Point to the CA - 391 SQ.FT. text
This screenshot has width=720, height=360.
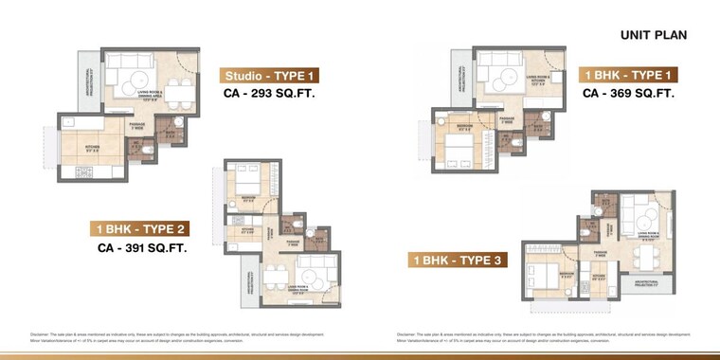click(x=142, y=249)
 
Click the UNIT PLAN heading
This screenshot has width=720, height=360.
click(x=654, y=35)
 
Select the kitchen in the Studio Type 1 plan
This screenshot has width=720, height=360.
click(x=90, y=148)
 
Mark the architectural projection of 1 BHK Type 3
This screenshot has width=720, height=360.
click(x=647, y=284)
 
